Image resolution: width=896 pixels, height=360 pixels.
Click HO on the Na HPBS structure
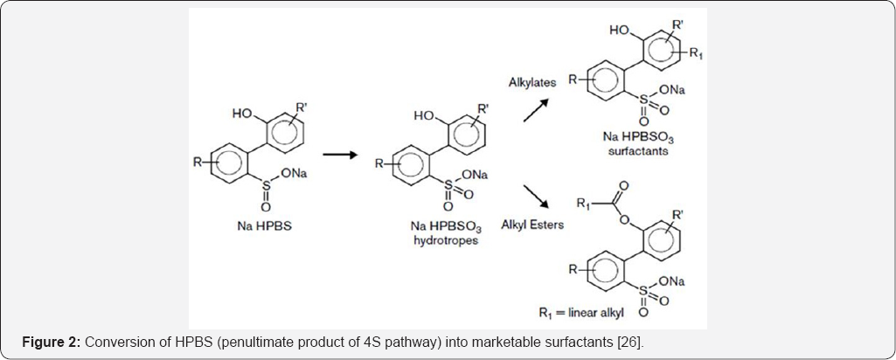242,114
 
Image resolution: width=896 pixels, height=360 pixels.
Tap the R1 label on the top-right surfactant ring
697,55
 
